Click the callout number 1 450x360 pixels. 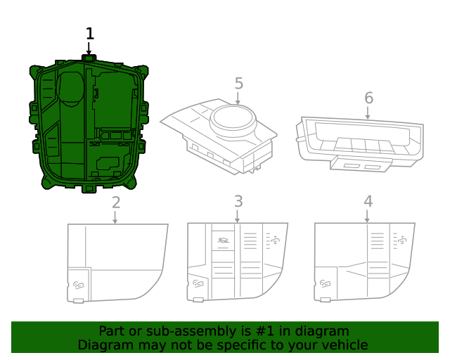[89, 33]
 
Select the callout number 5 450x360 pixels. [239, 84]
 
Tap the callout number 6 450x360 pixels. [368, 98]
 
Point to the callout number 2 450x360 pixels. [116, 202]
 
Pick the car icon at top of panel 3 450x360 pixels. [223, 240]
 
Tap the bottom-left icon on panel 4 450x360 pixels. [325, 283]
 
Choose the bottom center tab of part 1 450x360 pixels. [89, 188]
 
